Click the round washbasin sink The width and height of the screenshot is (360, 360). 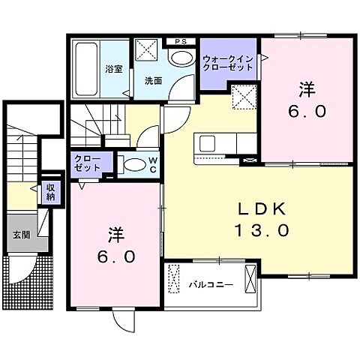pyautogui.click(x=180, y=58)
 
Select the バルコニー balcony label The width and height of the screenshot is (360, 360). pyautogui.click(x=211, y=285)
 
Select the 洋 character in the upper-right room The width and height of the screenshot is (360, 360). pyautogui.click(x=305, y=88)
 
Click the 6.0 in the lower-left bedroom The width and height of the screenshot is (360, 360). pyautogui.click(x=115, y=256)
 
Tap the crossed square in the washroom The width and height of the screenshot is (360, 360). pyautogui.click(x=148, y=52)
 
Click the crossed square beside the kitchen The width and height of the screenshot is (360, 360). pyautogui.click(x=243, y=97)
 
